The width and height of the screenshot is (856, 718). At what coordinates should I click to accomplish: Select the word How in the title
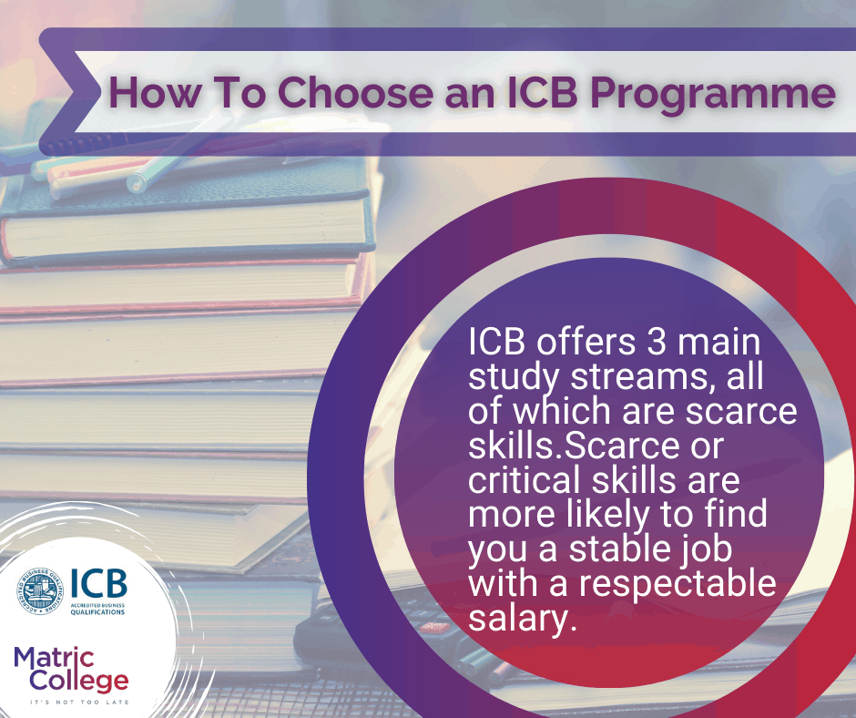pos(148,94)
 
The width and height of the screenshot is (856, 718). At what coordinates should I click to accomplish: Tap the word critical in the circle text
pos(525,479)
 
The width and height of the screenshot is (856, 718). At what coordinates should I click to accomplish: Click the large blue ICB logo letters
pos(98,584)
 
